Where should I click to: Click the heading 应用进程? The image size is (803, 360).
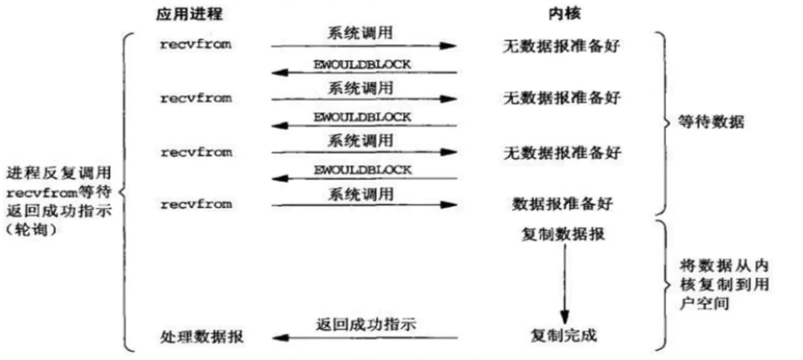(x=189, y=14)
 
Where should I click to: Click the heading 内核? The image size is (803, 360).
(x=564, y=14)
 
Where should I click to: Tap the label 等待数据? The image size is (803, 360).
(x=712, y=123)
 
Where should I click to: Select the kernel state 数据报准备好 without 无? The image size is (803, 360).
(x=562, y=204)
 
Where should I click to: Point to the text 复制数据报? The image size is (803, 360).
(x=563, y=234)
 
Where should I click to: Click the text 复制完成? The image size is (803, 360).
(x=563, y=336)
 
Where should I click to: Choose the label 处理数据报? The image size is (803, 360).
(x=202, y=337)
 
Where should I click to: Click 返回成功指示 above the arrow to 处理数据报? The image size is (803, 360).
(x=366, y=324)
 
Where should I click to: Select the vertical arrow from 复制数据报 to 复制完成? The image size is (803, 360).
(x=564, y=284)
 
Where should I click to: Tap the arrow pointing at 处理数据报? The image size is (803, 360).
(x=365, y=337)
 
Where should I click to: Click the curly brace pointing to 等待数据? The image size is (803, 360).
(x=666, y=123)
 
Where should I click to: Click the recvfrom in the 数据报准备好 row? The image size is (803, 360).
(x=196, y=205)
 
